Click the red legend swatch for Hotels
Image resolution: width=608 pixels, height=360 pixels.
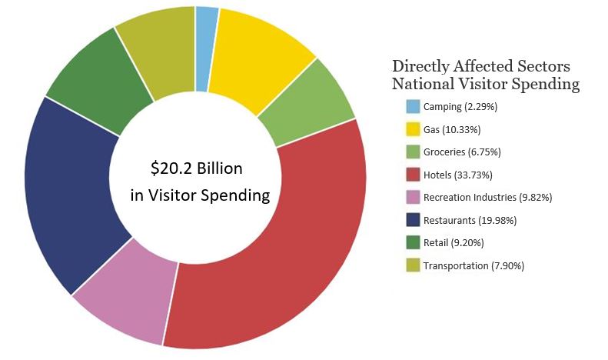coord(414,175)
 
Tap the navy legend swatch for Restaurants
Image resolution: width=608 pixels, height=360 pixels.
coord(414,220)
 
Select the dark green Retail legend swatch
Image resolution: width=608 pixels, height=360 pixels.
coord(414,243)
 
